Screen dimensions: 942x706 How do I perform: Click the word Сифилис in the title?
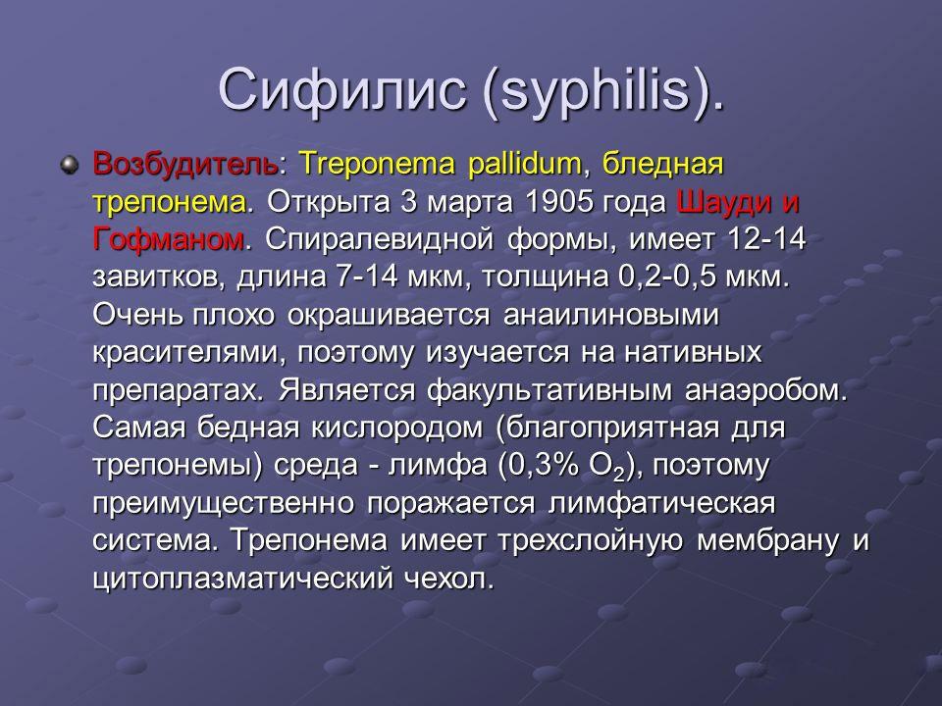tap(341, 89)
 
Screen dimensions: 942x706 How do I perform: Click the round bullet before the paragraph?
tap(70, 165)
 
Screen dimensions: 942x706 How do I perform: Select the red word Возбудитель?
tap(185, 164)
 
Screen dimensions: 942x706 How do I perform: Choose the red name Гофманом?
tap(168, 239)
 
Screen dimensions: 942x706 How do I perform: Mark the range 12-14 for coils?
tap(766, 239)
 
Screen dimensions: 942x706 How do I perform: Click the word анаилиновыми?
tap(610, 315)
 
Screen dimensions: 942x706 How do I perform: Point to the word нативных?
tap(693, 352)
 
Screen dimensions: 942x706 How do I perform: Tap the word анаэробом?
tap(765, 390)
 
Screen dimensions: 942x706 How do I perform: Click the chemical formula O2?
tap(608, 467)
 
